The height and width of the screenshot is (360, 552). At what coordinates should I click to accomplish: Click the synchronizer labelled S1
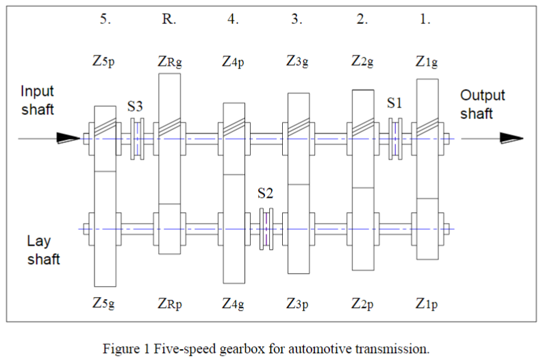coord(395,139)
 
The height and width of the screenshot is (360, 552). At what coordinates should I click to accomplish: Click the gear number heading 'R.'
coord(168,19)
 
